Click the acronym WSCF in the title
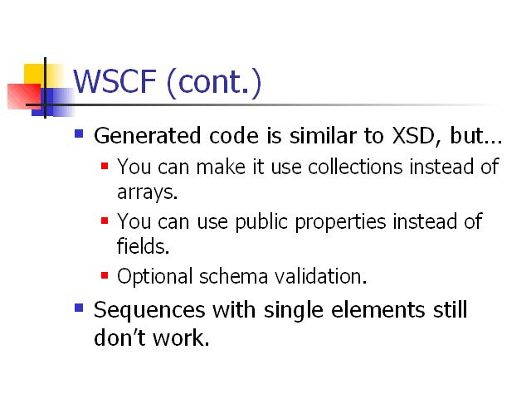coord(114,81)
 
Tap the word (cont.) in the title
coord(214,83)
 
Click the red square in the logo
coord(24,96)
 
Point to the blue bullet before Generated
coord(79,133)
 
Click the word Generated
coord(148,136)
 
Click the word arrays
coord(148,192)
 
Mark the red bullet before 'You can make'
coord(105,166)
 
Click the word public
coord(261,222)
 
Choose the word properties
coord(340,222)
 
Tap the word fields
coord(143,245)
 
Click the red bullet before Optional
coord(105,275)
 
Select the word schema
coord(234,276)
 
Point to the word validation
coord(320,276)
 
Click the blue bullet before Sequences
coord(79,308)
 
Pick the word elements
coord(378,310)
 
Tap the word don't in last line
coord(119,337)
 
